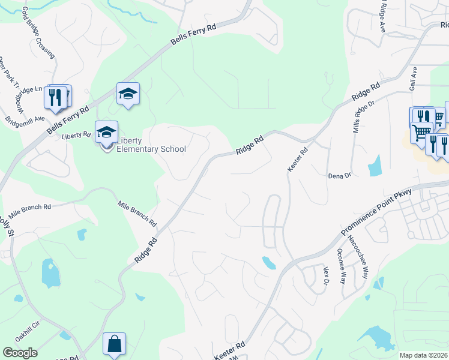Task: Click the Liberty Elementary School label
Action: (151, 145)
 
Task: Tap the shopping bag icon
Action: (114, 344)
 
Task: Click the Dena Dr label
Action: (339, 176)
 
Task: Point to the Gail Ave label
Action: (413, 79)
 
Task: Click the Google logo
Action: (20, 352)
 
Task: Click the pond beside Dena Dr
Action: (375, 165)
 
